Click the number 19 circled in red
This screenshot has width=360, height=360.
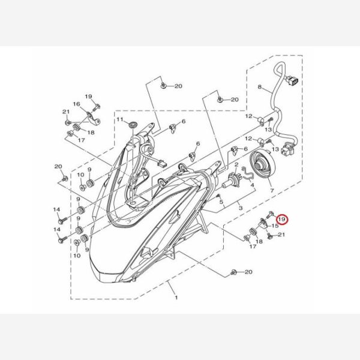(x=282, y=220)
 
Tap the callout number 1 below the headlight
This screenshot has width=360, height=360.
(x=176, y=298)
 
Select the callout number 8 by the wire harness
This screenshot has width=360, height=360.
(x=260, y=87)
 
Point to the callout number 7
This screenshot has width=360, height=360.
(x=272, y=190)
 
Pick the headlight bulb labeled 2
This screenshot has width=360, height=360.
(x=232, y=179)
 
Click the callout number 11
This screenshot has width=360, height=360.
(x=120, y=119)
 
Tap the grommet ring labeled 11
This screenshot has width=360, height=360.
(x=133, y=125)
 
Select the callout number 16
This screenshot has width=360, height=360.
(x=77, y=104)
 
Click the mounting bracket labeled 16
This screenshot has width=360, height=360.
(x=93, y=118)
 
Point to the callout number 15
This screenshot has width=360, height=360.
(x=275, y=226)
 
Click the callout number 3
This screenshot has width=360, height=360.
(x=241, y=208)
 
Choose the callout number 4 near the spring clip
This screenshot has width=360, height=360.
(x=253, y=185)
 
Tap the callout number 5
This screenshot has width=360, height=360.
(x=221, y=202)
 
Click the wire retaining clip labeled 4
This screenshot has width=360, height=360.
(x=247, y=173)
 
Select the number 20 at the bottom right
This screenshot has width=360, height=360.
(x=248, y=272)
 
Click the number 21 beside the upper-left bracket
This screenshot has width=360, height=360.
(x=66, y=112)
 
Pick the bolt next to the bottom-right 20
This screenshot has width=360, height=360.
(x=234, y=272)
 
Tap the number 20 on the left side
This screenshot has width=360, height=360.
(x=58, y=166)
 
